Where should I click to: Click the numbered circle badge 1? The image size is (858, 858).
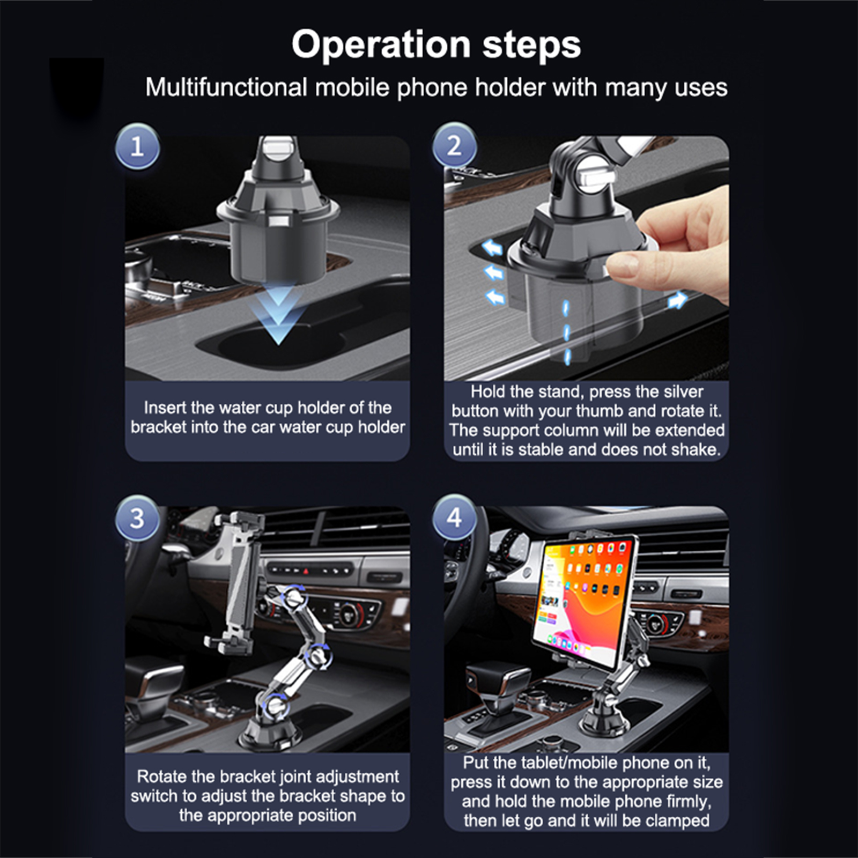tap(137, 146)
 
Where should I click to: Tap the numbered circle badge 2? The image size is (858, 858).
tap(454, 145)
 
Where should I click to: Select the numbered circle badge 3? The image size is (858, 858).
tap(137, 518)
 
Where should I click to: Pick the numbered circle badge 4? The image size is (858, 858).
tap(454, 517)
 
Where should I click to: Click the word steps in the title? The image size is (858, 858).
tap(531, 45)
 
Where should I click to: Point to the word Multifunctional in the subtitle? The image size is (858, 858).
tap(226, 87)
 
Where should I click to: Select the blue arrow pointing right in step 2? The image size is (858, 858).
tap(677, 299)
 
